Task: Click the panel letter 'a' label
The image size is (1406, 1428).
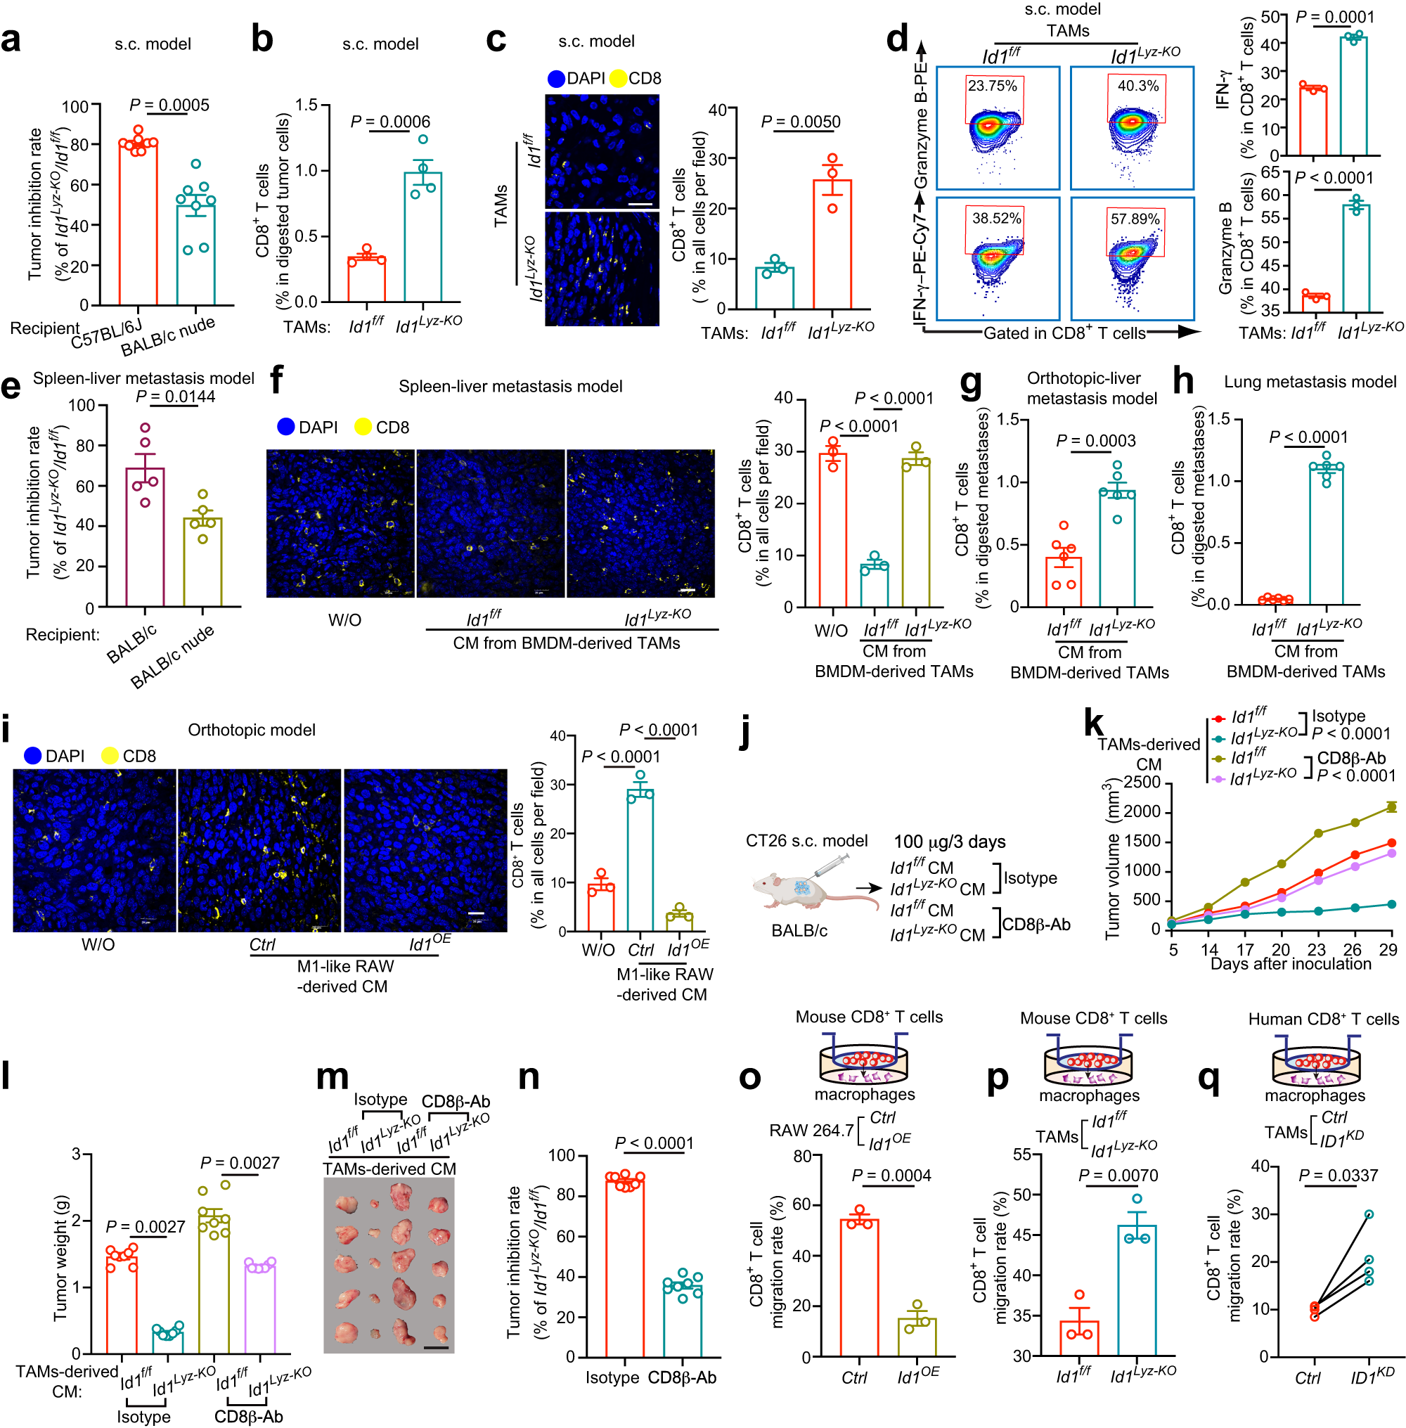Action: (x=11, y=41)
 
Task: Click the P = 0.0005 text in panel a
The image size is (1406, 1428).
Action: (x=169, y=105)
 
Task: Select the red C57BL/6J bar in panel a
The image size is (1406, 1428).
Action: (x=138, y=221)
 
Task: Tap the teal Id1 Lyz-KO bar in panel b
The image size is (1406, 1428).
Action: (x=423, y=236)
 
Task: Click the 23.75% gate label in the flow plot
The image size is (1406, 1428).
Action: (x=992, y=86)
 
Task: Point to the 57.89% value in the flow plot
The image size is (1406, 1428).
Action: (x=1134, y=219)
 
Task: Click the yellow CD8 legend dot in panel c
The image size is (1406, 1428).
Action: (x=617, y=78)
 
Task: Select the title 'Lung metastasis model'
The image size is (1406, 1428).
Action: (x=1309, y=382)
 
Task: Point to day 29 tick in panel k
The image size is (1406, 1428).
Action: (x=1388, y=949)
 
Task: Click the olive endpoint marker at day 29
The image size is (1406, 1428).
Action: (x=1391, y=807)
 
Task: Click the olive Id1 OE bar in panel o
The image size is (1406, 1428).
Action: (x=917, y=1337)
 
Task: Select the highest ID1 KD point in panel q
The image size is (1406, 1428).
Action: (x=1368, y=1214)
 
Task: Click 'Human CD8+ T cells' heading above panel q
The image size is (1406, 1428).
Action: (x=1322, y=1019)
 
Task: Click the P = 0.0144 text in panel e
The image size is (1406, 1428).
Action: (x=176, y=397)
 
